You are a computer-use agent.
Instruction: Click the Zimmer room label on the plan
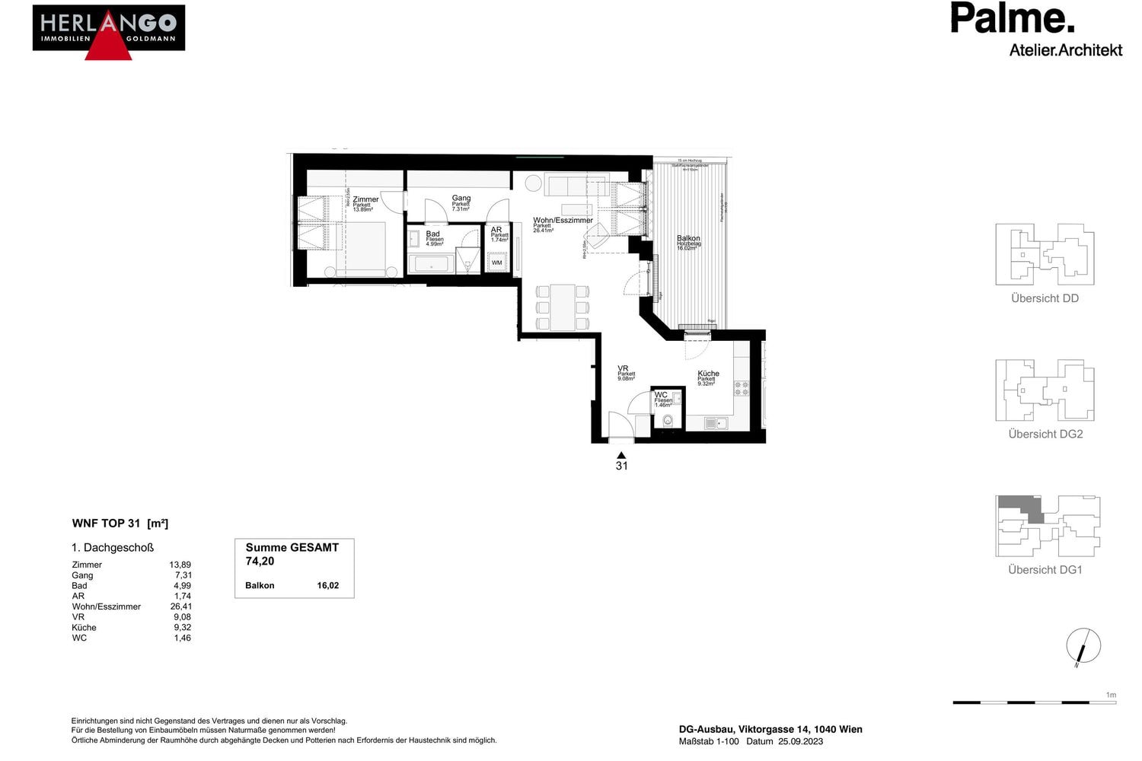[x=365, y=199]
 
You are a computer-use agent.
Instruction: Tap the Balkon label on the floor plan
[x=688, y=238]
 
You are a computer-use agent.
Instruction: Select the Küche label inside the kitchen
[x=708, y=374]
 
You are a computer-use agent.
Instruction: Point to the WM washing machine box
[x=497, y=263]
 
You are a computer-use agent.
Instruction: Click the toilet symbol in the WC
[x=668, y=419]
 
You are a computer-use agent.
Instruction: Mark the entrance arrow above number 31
[x=621, y=455]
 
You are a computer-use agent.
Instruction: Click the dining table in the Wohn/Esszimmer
[x=563, y=307]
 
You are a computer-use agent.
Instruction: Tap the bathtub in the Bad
[x=431, y=264]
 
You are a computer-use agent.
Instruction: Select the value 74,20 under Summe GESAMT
[x=260, y=562]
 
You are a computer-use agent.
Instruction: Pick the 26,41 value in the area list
[x=181, y=607]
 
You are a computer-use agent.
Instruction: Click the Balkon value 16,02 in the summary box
[x=328, y=586]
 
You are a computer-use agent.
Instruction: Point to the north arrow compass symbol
[x=1083, y=647]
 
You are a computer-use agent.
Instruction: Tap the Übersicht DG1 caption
[x=1045, y=570]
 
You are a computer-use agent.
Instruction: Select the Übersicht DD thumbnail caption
[x=1045, y=298]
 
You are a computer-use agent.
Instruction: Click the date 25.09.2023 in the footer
[x=800, y=741]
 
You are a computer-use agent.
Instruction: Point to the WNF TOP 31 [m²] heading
[x=120, y=524]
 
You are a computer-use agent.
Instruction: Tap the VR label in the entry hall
[x=623, y=368]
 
